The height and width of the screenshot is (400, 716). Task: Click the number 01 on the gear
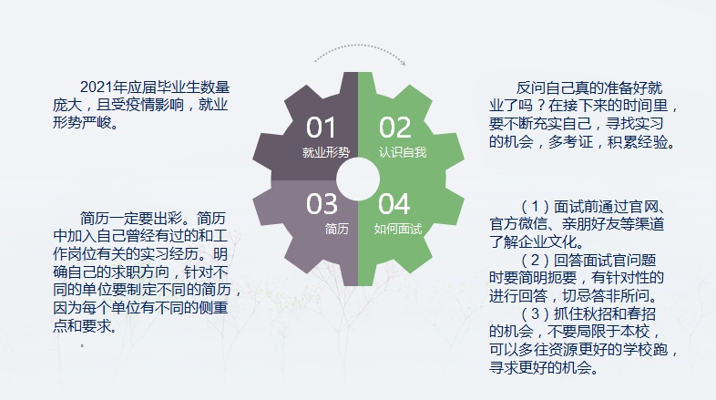(x=321, y=128)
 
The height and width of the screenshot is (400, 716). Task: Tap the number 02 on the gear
(x=395, y=128)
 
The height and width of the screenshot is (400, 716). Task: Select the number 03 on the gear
(x=322, y=204)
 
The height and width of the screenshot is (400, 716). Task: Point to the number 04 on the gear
(x=394, y=204)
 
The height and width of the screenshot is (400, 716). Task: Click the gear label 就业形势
(x=326, y=152)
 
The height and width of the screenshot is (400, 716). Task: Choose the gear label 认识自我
(x=403, y=152)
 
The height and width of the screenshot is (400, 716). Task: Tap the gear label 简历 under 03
(x=337, y=229)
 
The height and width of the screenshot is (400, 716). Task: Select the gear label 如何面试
(x=398, y=229)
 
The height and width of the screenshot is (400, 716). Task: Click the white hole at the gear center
(x=358, y=179)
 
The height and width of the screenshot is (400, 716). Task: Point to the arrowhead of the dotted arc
(x=403, y=63)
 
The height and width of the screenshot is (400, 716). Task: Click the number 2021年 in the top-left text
(x=104, y=87)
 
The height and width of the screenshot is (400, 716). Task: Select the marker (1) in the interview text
(x=535, y=207)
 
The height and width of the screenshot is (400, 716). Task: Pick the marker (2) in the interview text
(x=535, y=261)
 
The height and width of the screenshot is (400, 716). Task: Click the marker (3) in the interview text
(x=535, y=313)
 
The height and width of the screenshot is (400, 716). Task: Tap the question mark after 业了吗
(x=540, y=106)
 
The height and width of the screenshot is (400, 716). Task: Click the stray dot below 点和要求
(x=82, y=345)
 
